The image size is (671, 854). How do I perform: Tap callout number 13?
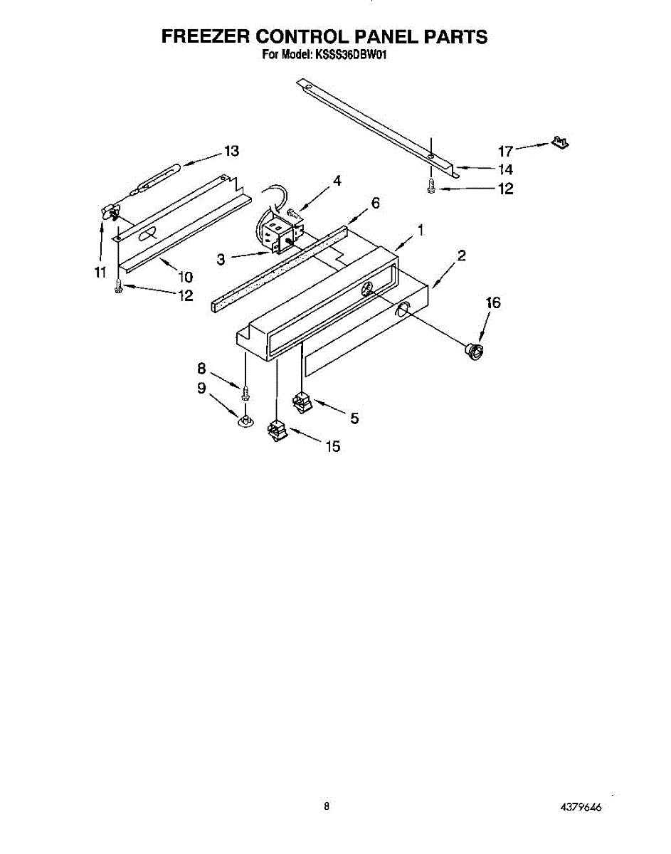(231, 151)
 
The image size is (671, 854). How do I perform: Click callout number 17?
(505, 151)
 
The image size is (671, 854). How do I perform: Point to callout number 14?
(505, 170)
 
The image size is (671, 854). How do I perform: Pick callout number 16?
(492, 303)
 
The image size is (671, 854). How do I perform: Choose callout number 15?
(332, 447)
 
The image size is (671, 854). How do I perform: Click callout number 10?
(186, 276)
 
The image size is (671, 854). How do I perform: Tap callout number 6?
(375, 204)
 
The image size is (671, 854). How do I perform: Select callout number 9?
(201, 388)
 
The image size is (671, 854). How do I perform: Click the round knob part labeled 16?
(472, 350)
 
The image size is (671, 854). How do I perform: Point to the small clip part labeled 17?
(561, 144)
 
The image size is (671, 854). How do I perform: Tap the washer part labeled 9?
(245, 422)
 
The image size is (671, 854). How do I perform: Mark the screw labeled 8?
(245, 392)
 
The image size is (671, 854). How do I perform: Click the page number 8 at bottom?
(327, 806)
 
